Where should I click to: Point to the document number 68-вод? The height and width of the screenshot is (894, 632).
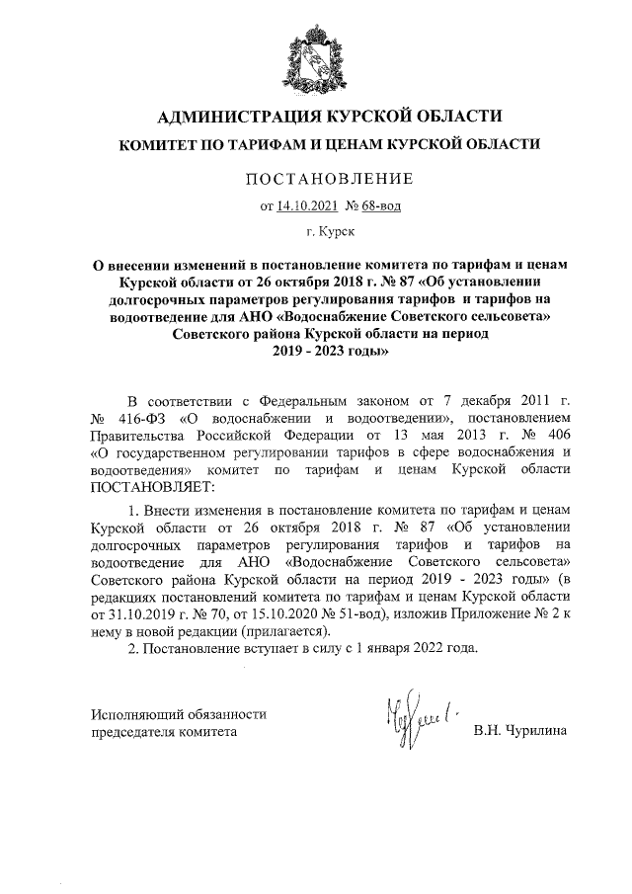point(380,206)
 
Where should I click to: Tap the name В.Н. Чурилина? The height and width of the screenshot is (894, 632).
point(520,731)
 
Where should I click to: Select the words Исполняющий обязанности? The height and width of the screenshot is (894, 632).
point(179,713)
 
